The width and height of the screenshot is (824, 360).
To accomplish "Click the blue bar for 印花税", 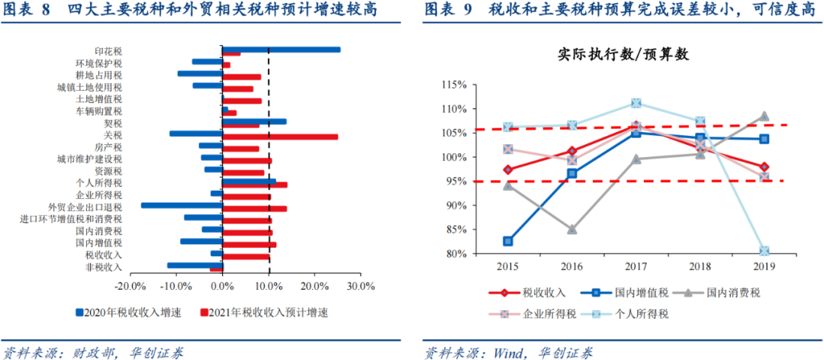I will (x=281, y=50).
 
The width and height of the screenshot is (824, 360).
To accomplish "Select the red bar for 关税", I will (x=279, y=137).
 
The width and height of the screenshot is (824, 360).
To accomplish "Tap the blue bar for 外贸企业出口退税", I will (x=182, y=205).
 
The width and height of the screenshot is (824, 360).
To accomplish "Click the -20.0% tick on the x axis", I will (x=129, y=287).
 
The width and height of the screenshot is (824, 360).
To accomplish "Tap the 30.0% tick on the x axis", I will (x=361, y=287).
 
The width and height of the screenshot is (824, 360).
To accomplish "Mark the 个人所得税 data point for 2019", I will (x=764, y=251).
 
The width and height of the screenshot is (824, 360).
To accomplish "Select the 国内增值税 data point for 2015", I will (x=508, y=241).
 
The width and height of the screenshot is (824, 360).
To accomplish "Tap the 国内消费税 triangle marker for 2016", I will (x=572, y=229).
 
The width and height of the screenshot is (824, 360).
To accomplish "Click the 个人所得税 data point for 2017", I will (x=636, y=103).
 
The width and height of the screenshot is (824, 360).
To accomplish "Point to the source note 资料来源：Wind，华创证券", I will (x=508, y=352).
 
